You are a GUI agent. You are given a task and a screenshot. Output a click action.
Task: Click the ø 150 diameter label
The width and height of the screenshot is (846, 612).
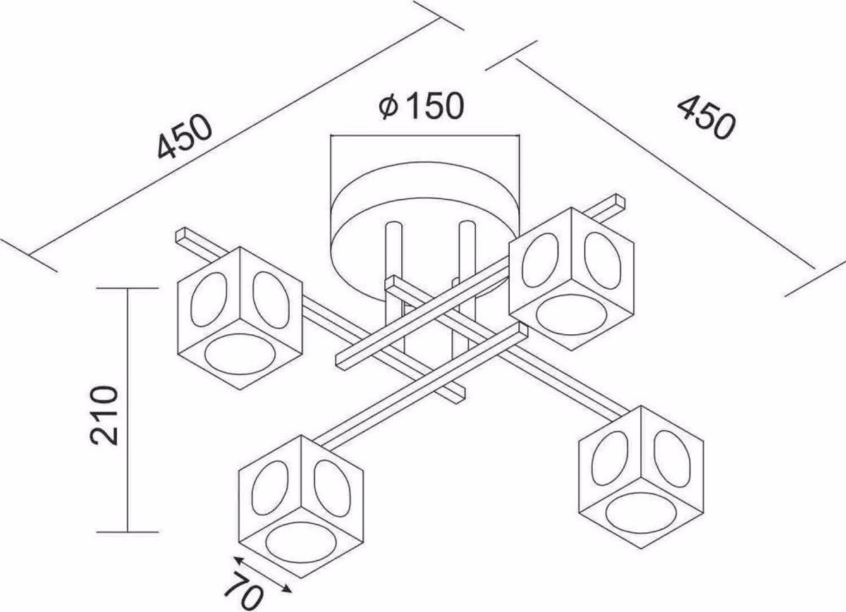tap(421, 106)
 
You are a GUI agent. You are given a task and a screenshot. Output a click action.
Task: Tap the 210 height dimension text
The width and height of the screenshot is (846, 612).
tap(104, 415)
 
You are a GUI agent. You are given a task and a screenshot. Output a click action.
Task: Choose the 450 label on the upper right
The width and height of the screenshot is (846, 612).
tap(706, 118)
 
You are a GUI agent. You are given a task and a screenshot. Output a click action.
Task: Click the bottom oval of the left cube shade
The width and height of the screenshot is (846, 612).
tap(240, 354)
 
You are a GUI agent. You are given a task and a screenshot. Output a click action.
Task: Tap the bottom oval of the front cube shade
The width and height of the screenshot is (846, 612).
tap(301, 543)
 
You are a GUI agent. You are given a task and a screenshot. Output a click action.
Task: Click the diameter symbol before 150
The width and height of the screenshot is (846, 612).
tap(388, 107)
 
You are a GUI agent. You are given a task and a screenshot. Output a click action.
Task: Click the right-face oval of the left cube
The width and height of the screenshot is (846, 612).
tap(271, 300)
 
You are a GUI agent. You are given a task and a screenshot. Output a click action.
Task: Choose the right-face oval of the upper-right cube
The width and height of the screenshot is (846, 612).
tap(603, 260)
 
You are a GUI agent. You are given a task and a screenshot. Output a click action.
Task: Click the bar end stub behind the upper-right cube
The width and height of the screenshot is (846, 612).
tap(609, 208)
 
